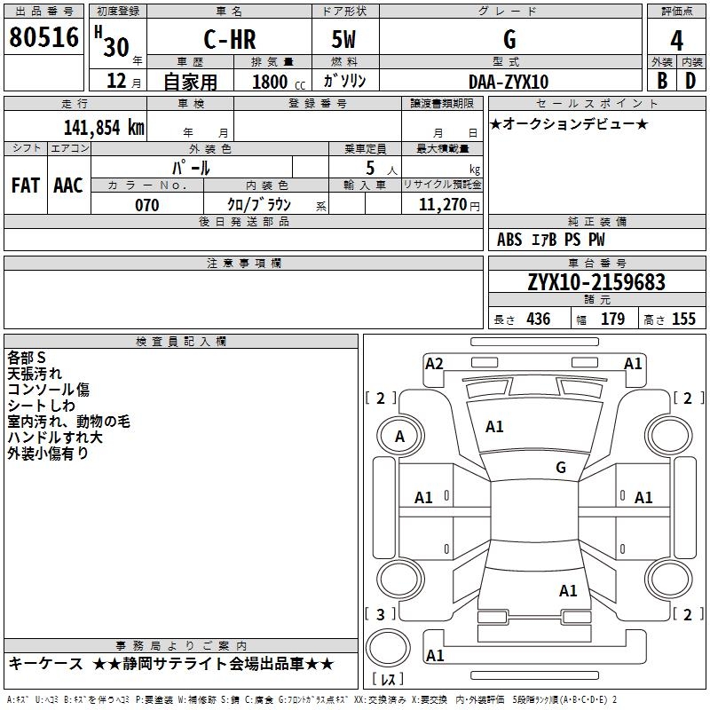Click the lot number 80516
coord(43,38)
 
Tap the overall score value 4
coord(676,41)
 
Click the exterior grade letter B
coord(662,81)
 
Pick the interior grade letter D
coord(690,81)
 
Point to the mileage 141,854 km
coord(103,127)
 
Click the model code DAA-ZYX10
coord(509,82)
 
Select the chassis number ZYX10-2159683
coord(596,282)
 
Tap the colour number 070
coord(146,205)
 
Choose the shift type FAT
coord(25,185)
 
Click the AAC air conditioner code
coord(67,185)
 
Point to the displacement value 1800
coord(269,82)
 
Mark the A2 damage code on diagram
coord(434,363)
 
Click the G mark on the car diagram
coord(560,467)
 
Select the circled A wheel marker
coord(399,436)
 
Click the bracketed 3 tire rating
coord(381,614)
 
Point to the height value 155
coord(683,319)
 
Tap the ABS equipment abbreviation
coord(509,240)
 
